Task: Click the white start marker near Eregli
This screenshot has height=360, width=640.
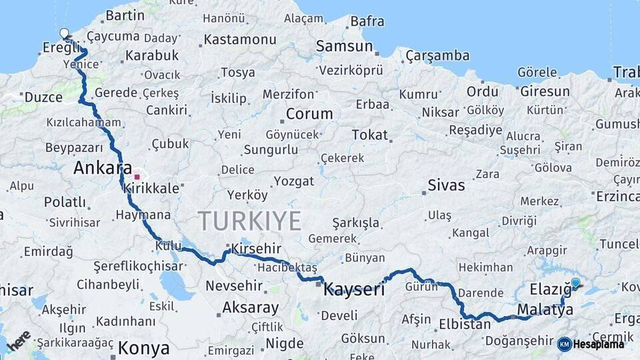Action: click(x=64, y=33)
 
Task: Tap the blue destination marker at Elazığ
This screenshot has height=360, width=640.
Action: click(x=575, y=283)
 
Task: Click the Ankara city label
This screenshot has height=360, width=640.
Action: click(x=102, y=168)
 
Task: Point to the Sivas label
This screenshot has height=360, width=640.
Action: click(x=446, y=185)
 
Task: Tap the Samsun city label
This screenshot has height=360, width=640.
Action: click(x=344, y=46)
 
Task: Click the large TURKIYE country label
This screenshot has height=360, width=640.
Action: click(x=249, y=221)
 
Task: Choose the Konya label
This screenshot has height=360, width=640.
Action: click(x=143, y=348)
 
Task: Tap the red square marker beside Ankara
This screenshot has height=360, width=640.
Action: click(x=137, y=177)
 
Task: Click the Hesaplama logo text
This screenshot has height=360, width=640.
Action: click(x=599, y=344)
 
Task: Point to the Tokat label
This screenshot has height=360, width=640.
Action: click(x=369, y=135)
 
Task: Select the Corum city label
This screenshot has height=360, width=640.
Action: click(x=309, y=114)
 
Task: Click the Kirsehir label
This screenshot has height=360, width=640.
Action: click(x=256, y=249)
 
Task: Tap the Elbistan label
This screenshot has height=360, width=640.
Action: click(x=465, y=325)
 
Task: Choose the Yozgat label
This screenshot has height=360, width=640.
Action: click(x=293, y=181)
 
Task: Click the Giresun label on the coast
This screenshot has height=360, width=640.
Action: click(x=545, y=91)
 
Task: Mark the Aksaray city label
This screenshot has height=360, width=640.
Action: click(x=250, y=308)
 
